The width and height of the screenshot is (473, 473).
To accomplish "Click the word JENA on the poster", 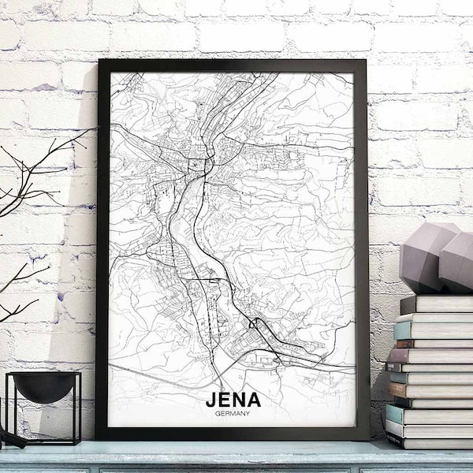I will coord(233,400).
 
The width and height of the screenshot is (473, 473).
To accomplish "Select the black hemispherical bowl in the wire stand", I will coord(44,385).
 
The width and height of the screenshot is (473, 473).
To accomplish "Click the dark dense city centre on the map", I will coord(196,164).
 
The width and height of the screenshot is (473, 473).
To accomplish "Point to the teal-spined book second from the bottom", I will coord(426,429).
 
